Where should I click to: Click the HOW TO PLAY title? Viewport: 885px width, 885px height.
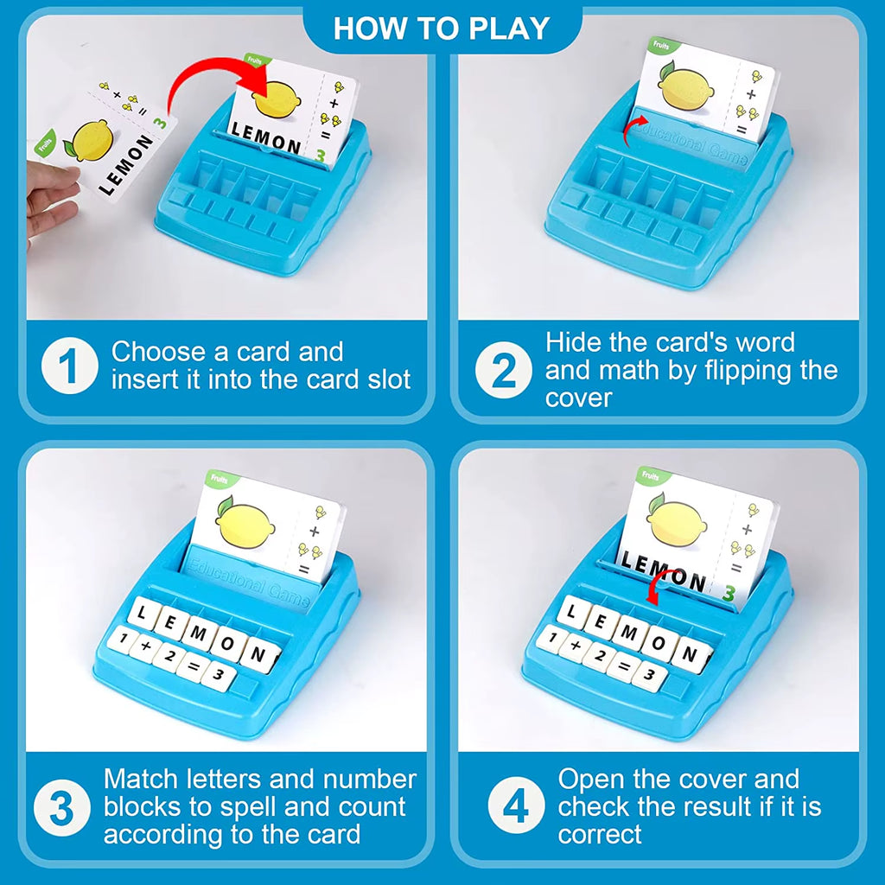tap(442, 28)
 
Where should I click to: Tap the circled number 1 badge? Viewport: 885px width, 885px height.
tap(69, 366)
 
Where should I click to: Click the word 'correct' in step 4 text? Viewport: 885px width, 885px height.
tap(600, 834)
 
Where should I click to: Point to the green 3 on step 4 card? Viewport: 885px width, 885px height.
tap(728, 594)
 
